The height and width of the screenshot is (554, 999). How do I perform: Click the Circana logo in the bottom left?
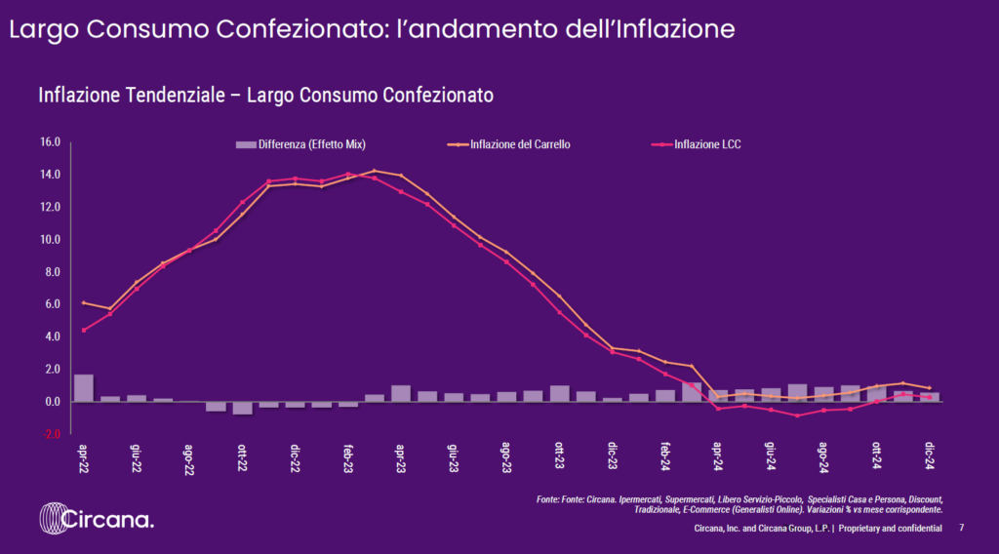[97, 519]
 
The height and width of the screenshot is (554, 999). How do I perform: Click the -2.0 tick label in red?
[51, 433]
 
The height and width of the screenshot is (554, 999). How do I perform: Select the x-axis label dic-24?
[930, 455]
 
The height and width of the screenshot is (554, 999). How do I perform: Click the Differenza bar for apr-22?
[84, 388]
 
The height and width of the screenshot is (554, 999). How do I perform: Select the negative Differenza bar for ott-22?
[243, 408]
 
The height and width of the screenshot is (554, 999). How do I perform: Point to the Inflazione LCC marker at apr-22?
[84, 330]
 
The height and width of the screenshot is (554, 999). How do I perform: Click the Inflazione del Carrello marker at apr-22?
[84, 303]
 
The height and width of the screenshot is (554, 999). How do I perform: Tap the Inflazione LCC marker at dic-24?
[930, 397]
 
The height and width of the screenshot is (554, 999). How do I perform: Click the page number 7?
[962, 528]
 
